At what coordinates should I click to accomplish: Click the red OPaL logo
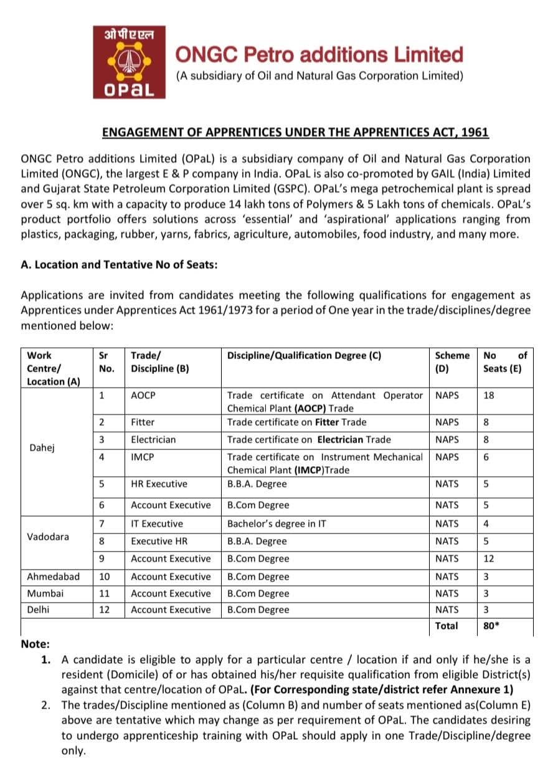(x=130, y=62)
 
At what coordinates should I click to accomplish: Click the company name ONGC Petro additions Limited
(x=320, y=55)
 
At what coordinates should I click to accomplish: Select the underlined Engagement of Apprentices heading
(x=295, y=132)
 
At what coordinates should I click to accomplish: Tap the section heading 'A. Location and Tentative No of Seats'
(x=119, y=264)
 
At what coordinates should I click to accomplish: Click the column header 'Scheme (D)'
(x=451, y=361)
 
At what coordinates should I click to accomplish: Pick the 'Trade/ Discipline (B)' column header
(x=159, y=361)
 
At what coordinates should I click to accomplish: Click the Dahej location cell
(x=42, y=448)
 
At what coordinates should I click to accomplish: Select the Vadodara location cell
(x=48, y=537)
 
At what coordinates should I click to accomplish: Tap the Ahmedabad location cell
(x=53, y=576)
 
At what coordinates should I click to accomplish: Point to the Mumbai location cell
(x=45, y=593)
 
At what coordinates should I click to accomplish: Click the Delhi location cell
(x=39, y=609)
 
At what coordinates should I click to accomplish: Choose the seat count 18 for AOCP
(x=489, y=395)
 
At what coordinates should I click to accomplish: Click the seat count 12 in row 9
(x=489, y=558)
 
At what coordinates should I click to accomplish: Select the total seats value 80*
(x=491, y=626)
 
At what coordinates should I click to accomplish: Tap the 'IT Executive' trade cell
(x=156, y=523)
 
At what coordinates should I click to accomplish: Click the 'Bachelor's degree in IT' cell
(x=276, y=523)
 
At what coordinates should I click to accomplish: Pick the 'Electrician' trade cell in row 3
(x=153, y=439)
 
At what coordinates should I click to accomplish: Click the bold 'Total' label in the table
(x=447, y=626)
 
